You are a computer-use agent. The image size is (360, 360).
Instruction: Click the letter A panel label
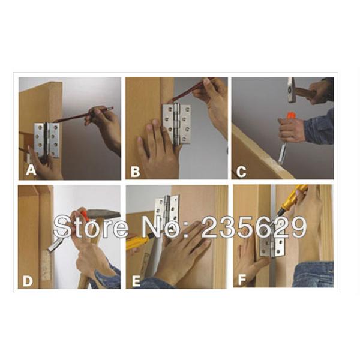(x=31, y=170)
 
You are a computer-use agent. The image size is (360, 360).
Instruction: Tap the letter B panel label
(x=135, y=172)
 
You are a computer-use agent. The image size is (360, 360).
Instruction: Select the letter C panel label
(x=241, y=172)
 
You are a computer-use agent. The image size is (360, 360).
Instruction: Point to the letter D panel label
(x=28, y=281)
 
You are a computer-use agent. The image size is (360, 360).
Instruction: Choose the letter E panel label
(x=136, y=281)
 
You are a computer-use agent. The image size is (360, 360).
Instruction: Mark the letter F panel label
(x=242, y=280)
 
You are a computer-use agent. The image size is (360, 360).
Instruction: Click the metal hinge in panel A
(x=47, y=140)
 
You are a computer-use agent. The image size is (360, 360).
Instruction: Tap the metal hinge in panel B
(x=176, y=124)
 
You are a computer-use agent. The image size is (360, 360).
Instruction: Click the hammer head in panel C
(x=292, y=90)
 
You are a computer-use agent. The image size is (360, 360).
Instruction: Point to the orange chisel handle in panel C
(x=290, y=115)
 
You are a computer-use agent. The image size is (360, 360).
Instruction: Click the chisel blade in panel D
(x=54, y=245)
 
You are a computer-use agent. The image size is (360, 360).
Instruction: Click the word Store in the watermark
(x=91, y=227)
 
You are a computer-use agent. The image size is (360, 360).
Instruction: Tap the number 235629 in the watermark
(x=254, y=227)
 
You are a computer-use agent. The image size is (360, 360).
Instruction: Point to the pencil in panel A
(x=83, y=115)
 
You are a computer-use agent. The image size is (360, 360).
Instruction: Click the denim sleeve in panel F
(x=314, y=274)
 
